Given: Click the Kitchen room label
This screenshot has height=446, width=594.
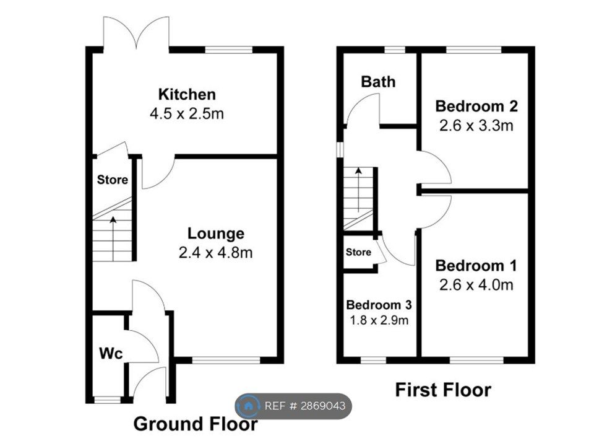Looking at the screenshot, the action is tap(187, 94).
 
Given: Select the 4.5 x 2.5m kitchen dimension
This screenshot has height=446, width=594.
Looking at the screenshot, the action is tap(187, 113).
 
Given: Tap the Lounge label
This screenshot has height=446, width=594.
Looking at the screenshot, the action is tap(216, 234).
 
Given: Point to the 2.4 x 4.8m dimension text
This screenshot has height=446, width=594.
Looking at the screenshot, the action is tap(215, 253).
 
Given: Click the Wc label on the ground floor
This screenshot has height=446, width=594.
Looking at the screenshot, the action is tap(111, 354).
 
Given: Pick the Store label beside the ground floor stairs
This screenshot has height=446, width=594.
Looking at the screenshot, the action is tap(113, 180).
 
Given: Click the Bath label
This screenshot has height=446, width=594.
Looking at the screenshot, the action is tap(378, 82).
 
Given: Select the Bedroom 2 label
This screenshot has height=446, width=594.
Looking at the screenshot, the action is tap(476, 106).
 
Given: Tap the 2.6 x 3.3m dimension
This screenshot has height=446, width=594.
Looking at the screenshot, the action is tap(476, 126).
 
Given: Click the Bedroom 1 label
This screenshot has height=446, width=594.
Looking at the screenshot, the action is tap(476, 266).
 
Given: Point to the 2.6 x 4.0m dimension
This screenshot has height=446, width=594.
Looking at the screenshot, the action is tap(476, 285).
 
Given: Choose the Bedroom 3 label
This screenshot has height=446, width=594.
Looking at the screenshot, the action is tap(379, 305).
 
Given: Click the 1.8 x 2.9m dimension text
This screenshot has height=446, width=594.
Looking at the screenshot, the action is tap(379, 320).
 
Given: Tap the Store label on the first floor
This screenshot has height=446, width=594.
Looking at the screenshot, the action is tap(358, 252).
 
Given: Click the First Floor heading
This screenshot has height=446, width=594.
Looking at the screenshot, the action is tap(443, 390).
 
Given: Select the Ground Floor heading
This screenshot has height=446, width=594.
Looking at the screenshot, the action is tap(196, 424).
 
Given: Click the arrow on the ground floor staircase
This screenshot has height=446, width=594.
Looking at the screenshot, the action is tap(113, 238).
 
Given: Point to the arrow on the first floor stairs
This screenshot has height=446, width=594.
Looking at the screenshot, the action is tap(358, 189).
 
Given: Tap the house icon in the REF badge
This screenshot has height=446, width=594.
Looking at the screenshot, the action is tap(249, 406).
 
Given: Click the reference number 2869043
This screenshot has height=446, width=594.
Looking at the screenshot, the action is tap(323, 406).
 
